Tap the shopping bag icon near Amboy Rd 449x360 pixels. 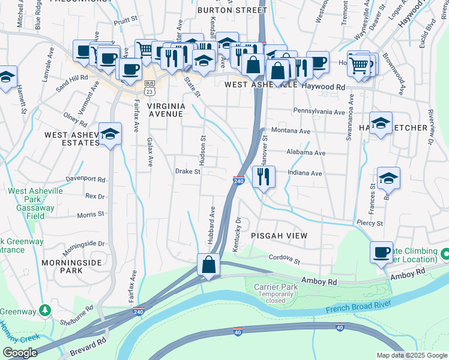[208, 265]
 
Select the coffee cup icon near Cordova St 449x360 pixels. [381, 252]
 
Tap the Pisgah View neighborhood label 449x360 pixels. [279, 236]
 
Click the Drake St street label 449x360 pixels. [187, 171]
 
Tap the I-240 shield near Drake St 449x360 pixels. [238, 181]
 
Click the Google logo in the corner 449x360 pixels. [19, 353]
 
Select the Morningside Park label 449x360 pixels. [62, 266]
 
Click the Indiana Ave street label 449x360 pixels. [305, 173]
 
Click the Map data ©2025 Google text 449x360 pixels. [411, 355]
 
